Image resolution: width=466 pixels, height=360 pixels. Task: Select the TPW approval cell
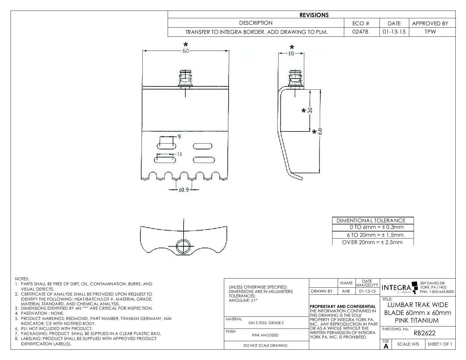pyautogui.click(x=430, y=32)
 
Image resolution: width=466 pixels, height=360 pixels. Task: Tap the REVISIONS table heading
pyautogui.click(x=314, y=15)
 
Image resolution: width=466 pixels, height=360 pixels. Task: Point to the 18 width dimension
pyautogui.click(x=291, y=54)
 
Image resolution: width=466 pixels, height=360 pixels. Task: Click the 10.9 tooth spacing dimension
pyautogui.click(x=184, y=190)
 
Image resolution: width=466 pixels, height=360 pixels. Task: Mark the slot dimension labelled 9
pyautogui.click(x=179, y=136)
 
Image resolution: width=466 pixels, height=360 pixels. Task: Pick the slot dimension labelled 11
pyautogui.click(x=180, y=154)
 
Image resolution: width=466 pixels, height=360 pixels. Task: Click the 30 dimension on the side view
pyautogui.click(x=310, y=111)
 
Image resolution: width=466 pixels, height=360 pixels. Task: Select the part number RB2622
pyautogui.click(x=424, y=333)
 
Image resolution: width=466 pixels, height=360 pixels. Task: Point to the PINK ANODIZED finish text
pyautogui.click(x=265, y=335)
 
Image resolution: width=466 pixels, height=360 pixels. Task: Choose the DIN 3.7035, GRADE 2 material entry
pyautogui.click(x=266, y=323)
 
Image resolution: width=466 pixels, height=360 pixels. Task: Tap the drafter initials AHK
pyautogui.click(x=346, y=291)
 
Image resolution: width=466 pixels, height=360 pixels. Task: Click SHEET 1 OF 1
pyautogui.click(x=440, y=344)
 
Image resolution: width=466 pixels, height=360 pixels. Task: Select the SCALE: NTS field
pyautogui.click(x=408, y=344)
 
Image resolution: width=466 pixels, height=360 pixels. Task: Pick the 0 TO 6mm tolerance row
pyautogui.click(x=373, y=227)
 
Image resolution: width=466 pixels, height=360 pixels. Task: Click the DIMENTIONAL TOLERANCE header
pyautogui.click(x=371, y=220)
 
